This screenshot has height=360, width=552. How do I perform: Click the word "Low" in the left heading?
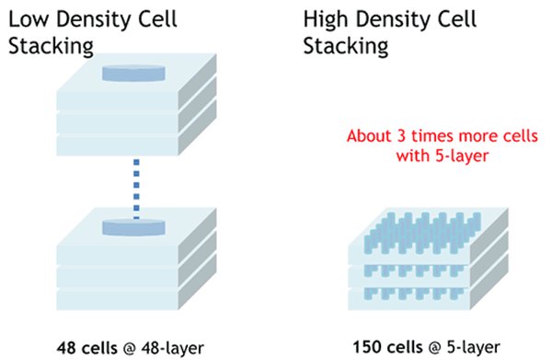point(29,19)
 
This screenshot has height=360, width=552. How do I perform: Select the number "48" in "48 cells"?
point(65,348)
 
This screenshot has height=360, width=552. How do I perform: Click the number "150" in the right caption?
point(364,348)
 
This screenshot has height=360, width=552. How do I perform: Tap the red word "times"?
point(425,136)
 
